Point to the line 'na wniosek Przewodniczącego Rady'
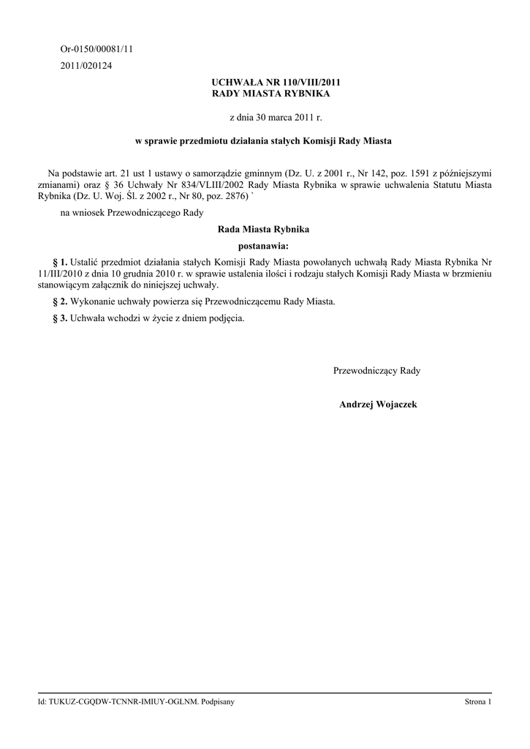(x=132, y=212)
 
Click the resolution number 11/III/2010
(x=64, y=273)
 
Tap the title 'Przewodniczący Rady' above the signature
(x=376, y=371)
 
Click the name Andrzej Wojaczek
(x=378, y=404)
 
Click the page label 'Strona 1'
(x=477, y=701)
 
